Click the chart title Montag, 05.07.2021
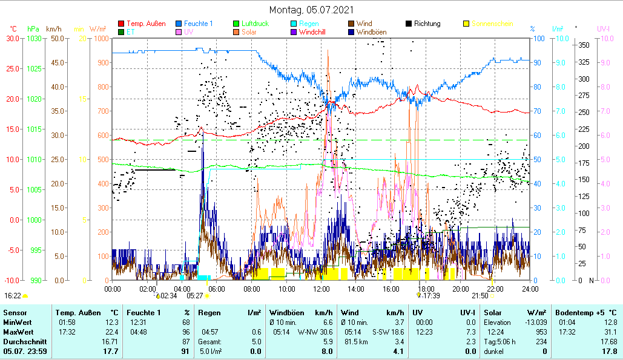point(311,10)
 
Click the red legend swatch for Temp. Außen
point(121,24)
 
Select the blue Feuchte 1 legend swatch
point(179,24)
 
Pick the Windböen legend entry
point(371,32)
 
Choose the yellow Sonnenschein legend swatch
point(466,24)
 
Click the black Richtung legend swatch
point(409,24)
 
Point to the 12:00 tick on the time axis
point(321,289)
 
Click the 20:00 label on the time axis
point(461,289)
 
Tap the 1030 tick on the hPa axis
point(34,38)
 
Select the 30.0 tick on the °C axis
point(12,38)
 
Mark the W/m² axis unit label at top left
point(97,28)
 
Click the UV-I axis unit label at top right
point(604,28)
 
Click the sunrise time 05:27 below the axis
point(195,296)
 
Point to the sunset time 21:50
point(480,296)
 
